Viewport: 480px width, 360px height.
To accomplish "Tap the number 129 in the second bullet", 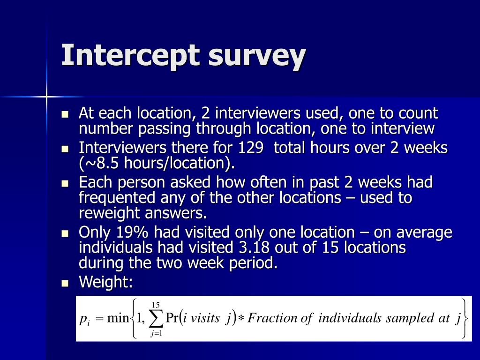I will pyautogui.click(x=250, y=148).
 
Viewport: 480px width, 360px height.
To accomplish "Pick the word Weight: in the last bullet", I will pyautogui.click(x=105, y=282).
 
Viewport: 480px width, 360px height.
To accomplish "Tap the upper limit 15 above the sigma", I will pyautogui.click(x=156, y=305).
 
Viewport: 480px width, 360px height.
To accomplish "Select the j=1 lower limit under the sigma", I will pyautogui.click(x=156, y=334).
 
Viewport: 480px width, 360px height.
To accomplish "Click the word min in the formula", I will pyautogui.click(x=118, y=319).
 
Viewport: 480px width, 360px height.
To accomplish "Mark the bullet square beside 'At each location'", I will pyautogui.click(x=66, y=114).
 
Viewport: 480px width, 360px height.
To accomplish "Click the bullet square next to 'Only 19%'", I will pyautogui.click(x=66, y=233).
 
